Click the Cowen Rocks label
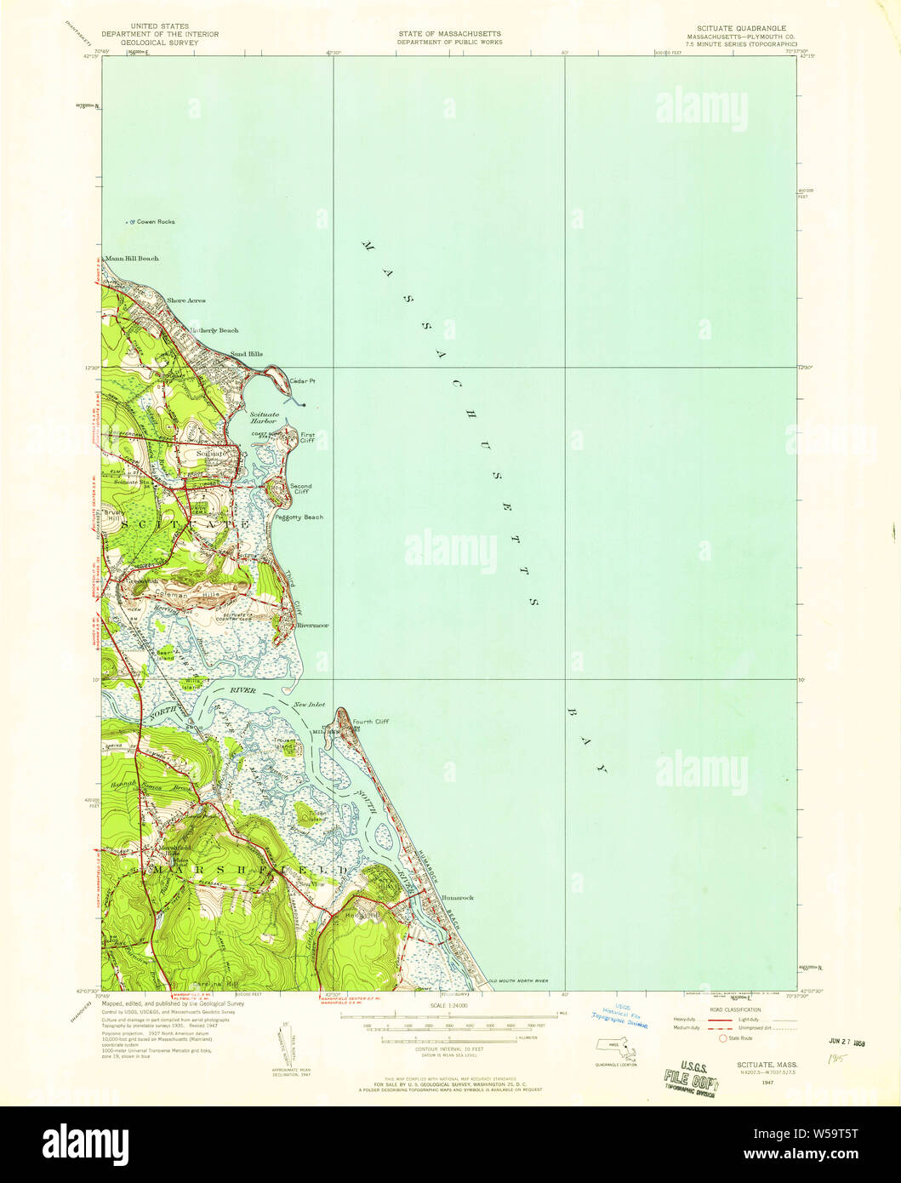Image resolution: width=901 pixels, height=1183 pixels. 153,221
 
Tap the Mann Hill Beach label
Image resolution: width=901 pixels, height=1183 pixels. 131,258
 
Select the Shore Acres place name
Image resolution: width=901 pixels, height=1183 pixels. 185,300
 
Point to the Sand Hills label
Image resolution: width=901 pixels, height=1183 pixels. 246,354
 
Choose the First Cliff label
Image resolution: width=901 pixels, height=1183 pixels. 307,437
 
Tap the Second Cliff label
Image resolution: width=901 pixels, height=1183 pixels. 302,489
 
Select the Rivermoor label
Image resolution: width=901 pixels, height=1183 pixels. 313,626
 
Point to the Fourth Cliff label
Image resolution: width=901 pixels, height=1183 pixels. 370,722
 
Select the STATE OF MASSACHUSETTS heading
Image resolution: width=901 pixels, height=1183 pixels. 449,34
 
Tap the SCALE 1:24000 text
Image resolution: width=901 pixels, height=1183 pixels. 449,1007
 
